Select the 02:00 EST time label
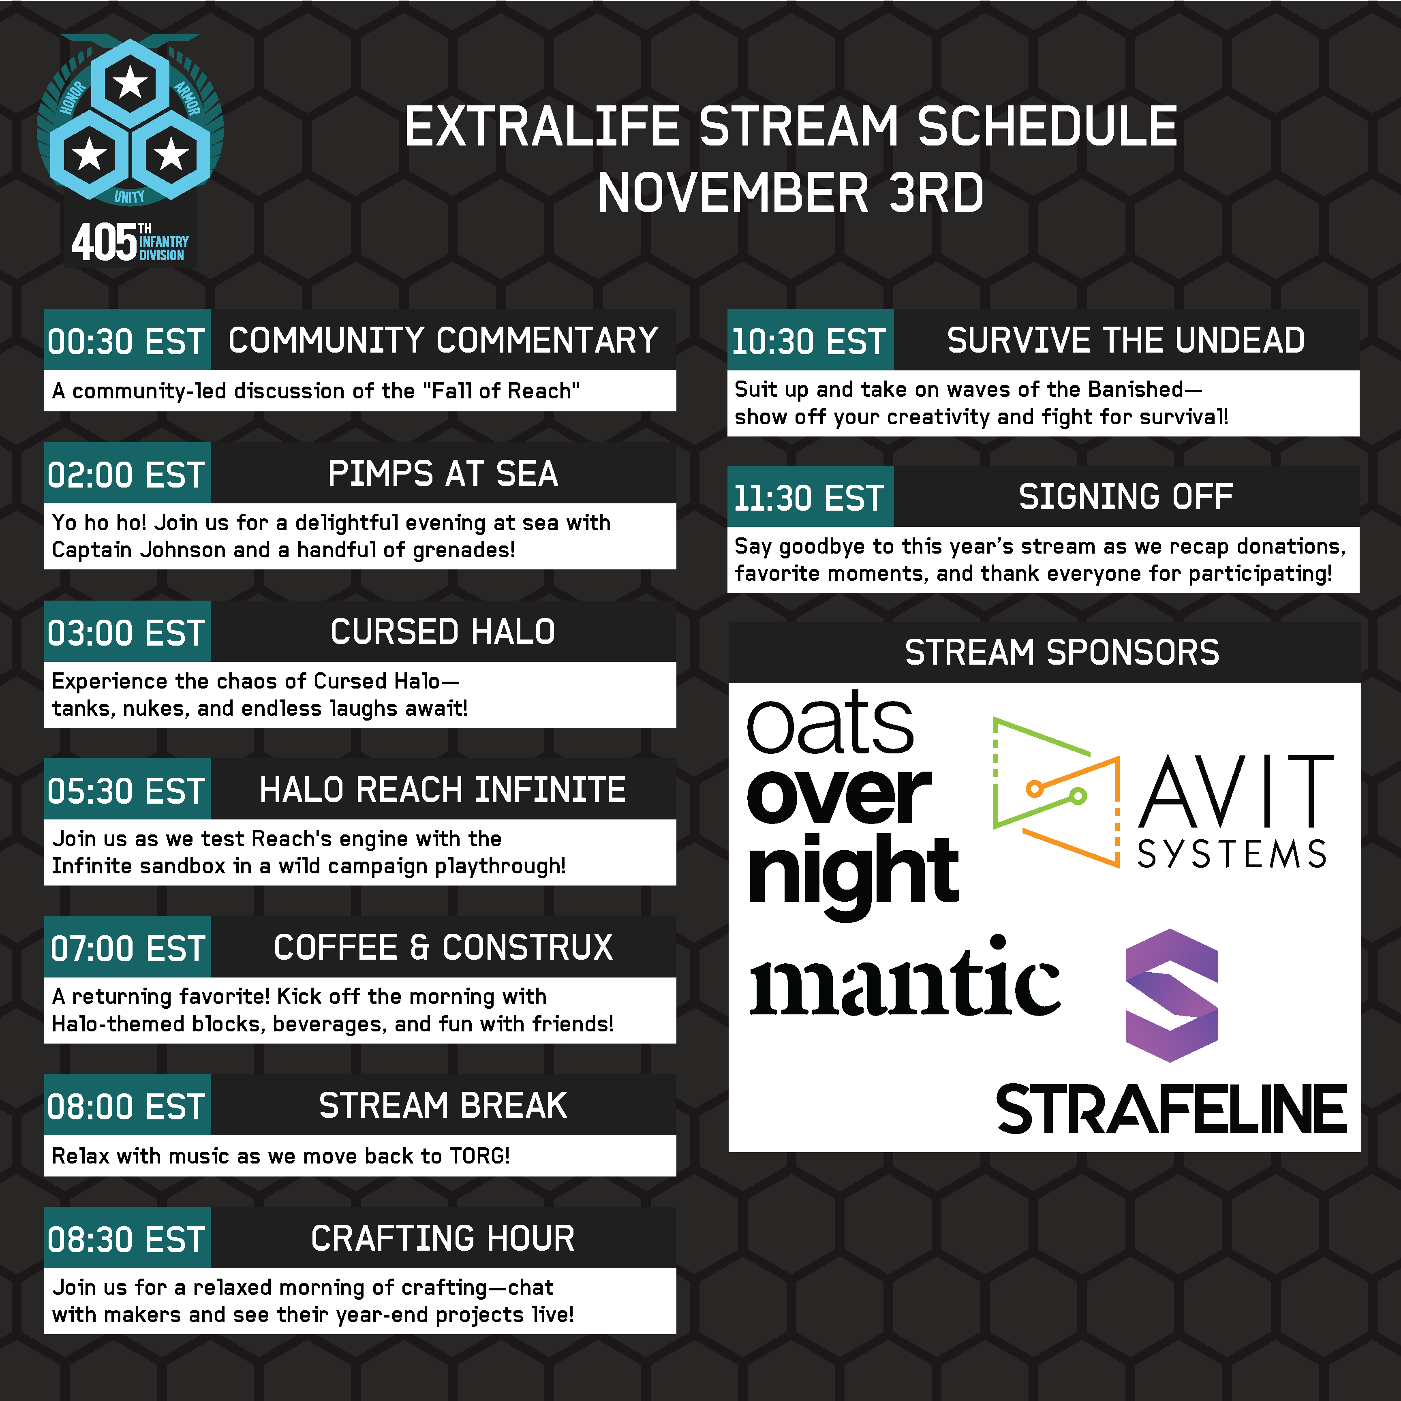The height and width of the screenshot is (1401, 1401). [x=126, y=475]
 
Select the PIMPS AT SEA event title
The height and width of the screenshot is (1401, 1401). [x=443, y=473]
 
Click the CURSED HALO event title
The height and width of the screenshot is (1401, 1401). [x=443, y=632]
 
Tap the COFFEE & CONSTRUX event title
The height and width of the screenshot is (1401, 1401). [x=443, y=947]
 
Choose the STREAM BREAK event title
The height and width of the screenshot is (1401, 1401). [x=443, y=1105]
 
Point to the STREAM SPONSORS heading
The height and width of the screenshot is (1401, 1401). [x=1062, y=652]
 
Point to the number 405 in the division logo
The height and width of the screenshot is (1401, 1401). [x=104, y=242]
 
